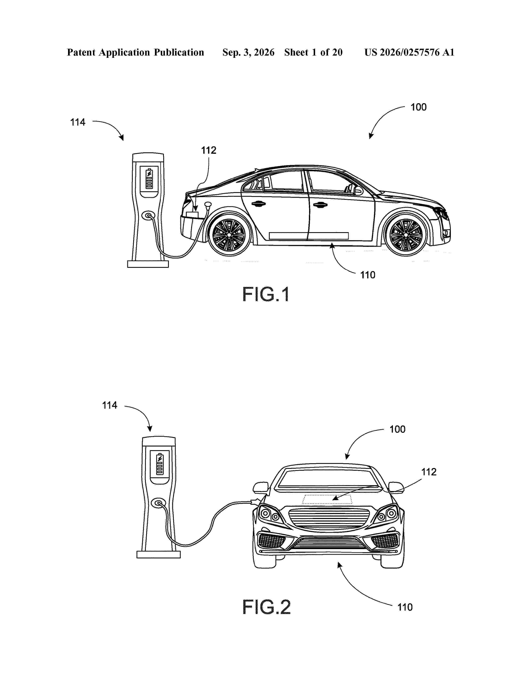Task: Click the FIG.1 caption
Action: (266, 295)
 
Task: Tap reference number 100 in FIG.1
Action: (418, 107)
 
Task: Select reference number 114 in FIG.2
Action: (109, 405)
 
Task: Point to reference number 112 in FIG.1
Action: (208, 150)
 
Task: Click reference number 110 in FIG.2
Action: (405, 607)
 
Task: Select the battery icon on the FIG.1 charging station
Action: (149, 179)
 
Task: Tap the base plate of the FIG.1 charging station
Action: (148, 264)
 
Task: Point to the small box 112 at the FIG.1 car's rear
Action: (192, 214)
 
